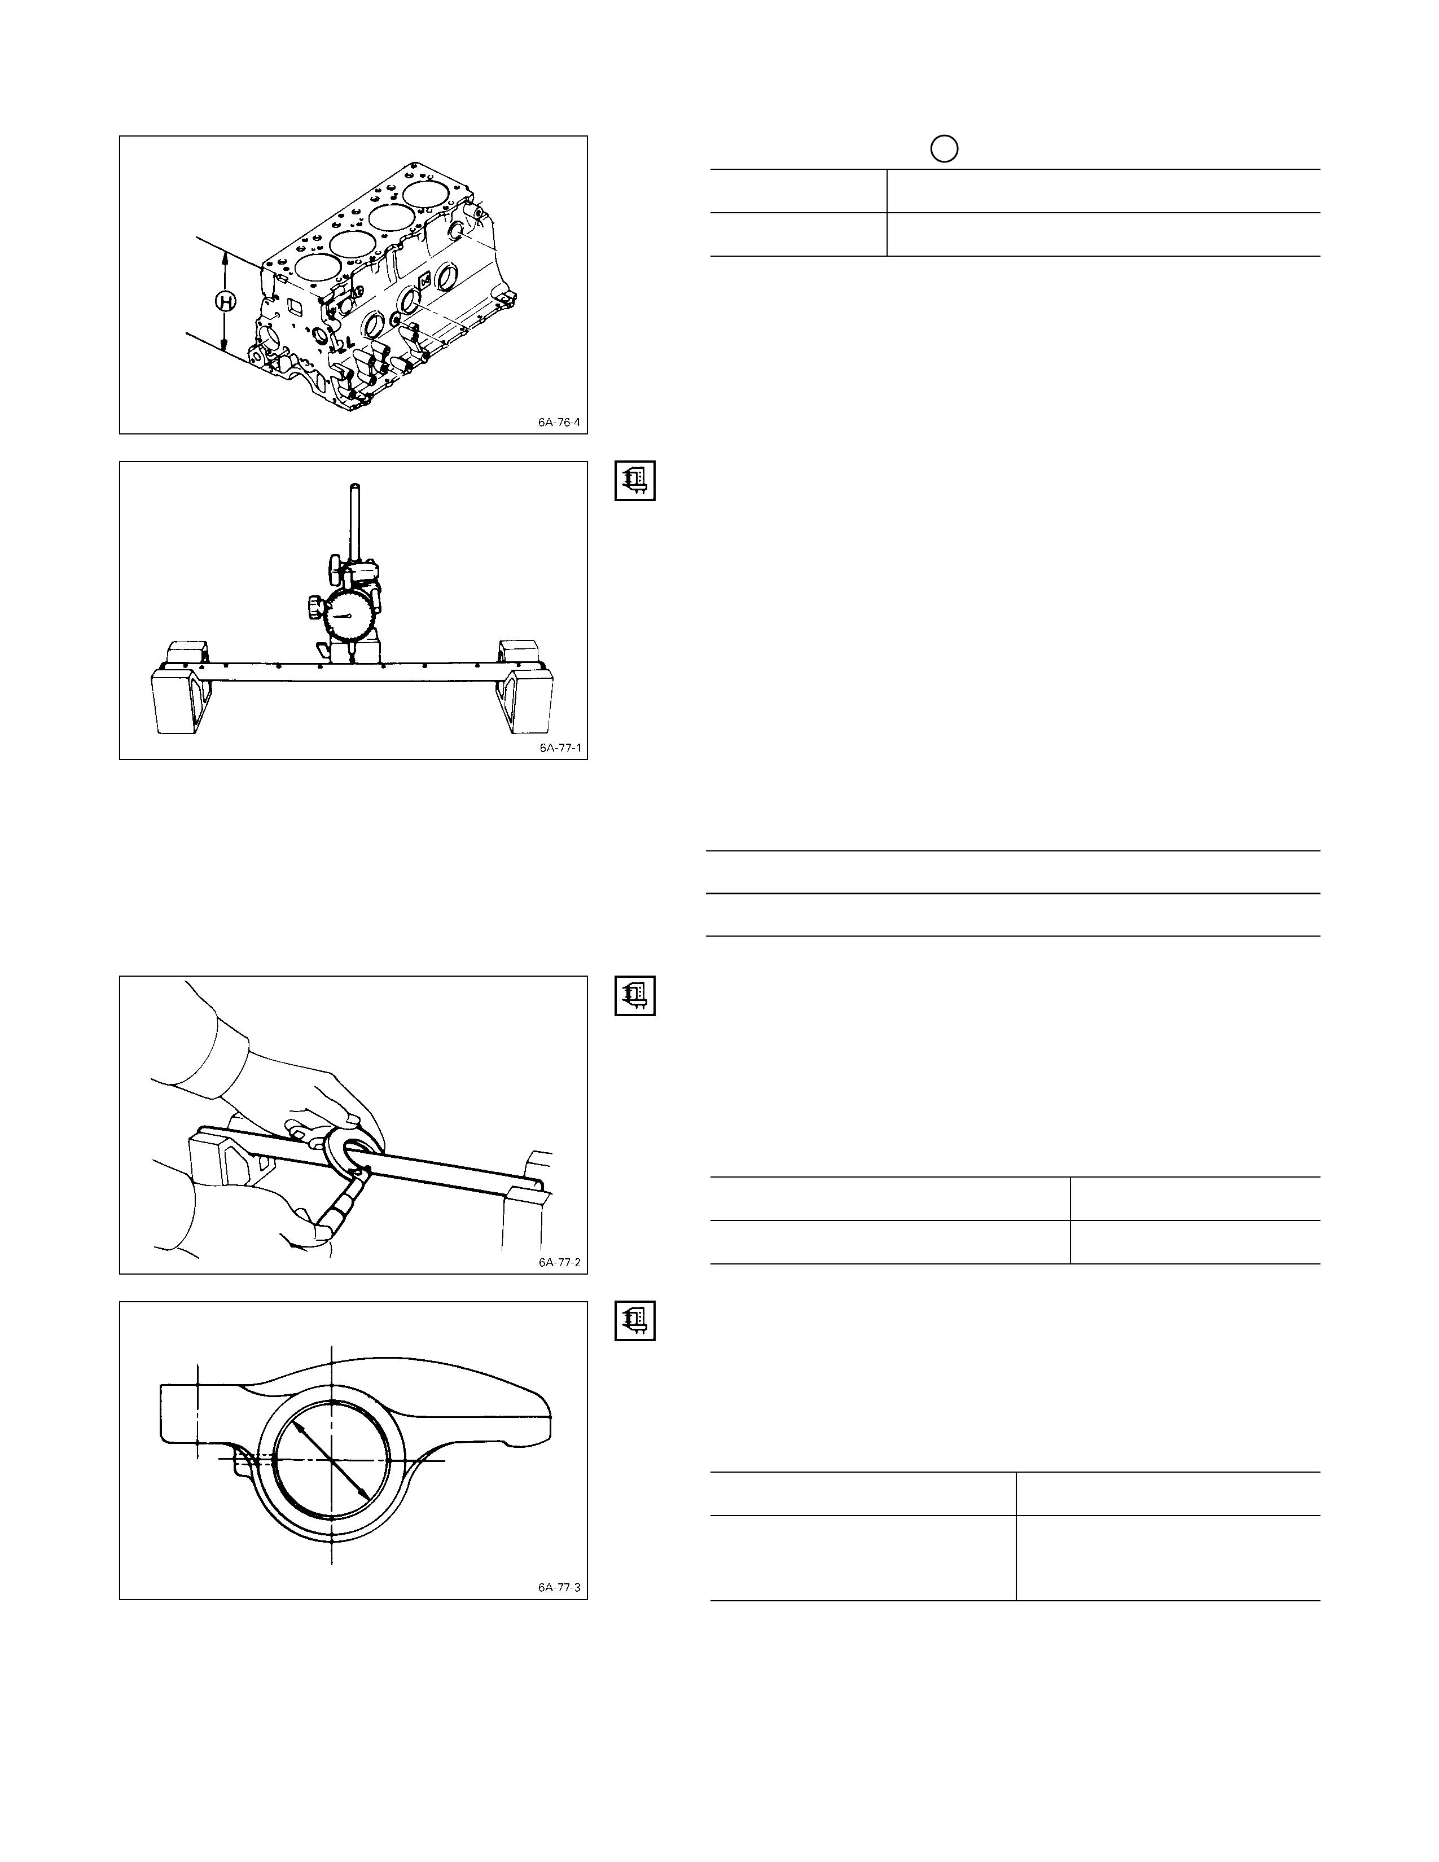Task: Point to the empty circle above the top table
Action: pyautogui.click(x=944, y=149)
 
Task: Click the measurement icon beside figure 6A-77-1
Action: pyautogui.click(x=635, y=481)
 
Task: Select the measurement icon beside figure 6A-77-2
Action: pyautogui.click(x=635, y=996)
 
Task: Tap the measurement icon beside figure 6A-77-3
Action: pyautogui.click(x=635, y=1321)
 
